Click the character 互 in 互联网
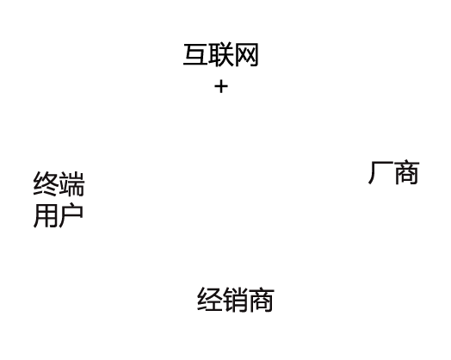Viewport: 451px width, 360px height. [195, 54]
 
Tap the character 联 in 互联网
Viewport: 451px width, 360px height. [221, 54]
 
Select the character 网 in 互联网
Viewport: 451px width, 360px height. [246, 55]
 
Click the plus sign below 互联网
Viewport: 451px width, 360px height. [221, 87]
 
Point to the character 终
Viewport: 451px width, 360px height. [46, 184]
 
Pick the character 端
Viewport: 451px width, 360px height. [72, 184]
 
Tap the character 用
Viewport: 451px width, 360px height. [46, 216]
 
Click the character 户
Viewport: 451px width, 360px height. [71, 215]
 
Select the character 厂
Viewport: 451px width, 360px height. [380, 172]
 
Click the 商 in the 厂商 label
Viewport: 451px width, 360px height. [407, 172]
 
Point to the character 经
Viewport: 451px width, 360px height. [209, 299]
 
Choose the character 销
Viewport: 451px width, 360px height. [235, 300]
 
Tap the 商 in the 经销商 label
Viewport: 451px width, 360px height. [261, 300]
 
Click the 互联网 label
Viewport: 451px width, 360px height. [220, 55]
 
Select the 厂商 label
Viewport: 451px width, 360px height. [393, 172]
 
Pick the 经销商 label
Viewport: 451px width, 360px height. [236, 300]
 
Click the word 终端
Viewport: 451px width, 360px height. [59, 184]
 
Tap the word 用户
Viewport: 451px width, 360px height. [59, 215]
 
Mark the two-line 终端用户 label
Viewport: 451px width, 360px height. [59, 200]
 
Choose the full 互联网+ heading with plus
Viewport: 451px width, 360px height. [220, 69]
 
